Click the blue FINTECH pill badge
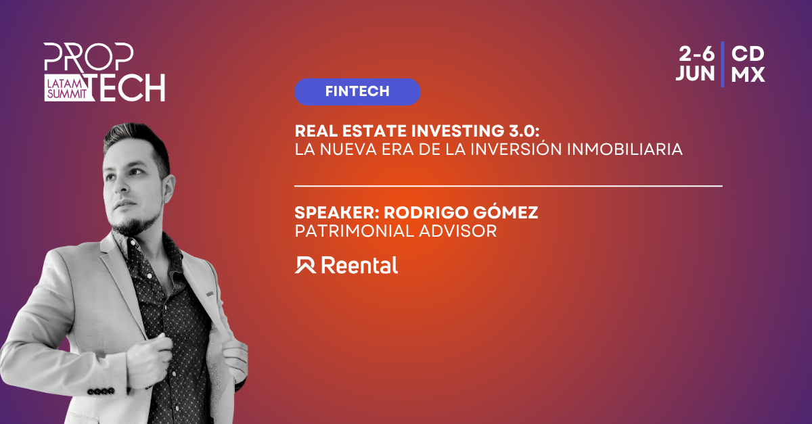coord(357,92)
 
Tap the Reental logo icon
coord(305,265)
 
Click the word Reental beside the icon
coord(359,265)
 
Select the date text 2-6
coord(696,54)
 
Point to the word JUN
coord(695,74)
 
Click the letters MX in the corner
coord(748,74)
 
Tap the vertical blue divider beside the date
coord(723,64)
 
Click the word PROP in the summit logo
coord(89,57)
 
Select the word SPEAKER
coord(336,212)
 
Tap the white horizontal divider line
coord(508,186)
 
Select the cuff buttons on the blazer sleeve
coord(101,392)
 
